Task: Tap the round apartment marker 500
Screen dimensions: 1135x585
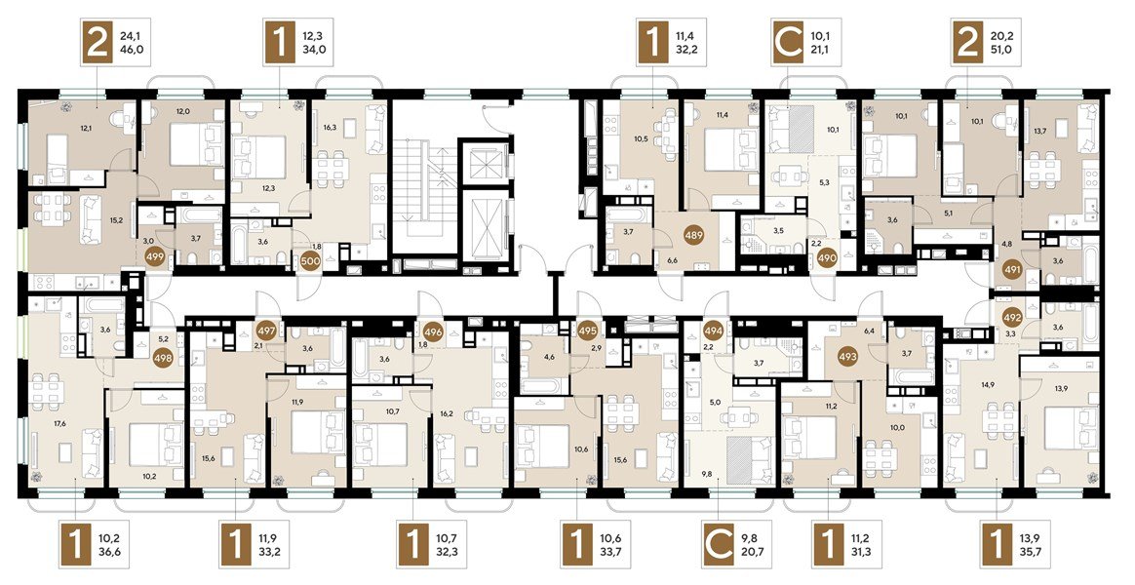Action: point(310,261)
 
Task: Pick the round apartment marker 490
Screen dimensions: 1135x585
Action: point(827,258)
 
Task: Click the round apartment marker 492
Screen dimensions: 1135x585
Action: point(1013,317)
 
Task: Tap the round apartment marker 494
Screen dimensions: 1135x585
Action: point(715,331)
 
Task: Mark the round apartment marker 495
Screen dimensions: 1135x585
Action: point(589,331)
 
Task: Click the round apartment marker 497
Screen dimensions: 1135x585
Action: point(266,331)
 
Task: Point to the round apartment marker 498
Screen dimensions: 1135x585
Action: point(164,356)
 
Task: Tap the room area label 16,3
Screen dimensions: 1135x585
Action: point(331,127)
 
